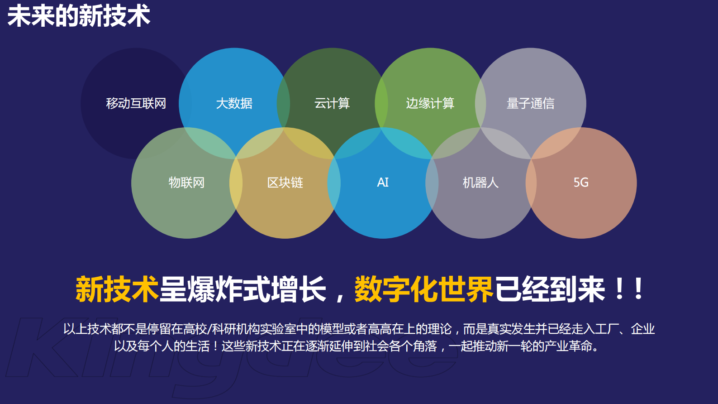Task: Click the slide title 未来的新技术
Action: pyautogui.click(x=79, y=15)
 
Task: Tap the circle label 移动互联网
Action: pyautogui.click(x=136, y=103)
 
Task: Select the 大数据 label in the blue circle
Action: pyautogui.click(x=234, y=103)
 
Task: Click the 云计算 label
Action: pyautogui.click(x=332, y=103)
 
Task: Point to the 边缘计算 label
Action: pyautogui.click(x=430, y=103)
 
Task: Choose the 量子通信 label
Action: pyautogui.click(x=530, y=103)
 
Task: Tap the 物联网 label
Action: pyautogui.click(x=186, y=183)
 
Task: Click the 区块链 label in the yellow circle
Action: pyautogui.click(x=285, y=183)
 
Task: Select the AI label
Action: pyautogui.click(x=383, y=183)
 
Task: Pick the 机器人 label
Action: pyautogui.click(x=480, y=183)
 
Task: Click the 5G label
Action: pyautogui.click(x=581, y=183)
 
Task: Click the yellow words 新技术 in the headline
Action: pyautogui.click(x=117, y=289)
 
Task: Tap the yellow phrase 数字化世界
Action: pyautogui.click(x=423, y=289)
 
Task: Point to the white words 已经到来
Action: pyautogui.click(x=550, y=289)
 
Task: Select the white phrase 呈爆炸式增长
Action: pyautogui.click(x=243, y=289)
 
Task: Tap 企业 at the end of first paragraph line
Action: pyautogui.click(x=642, y=329)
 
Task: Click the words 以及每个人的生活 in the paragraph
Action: pyautogui.click(x=162, y=346)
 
